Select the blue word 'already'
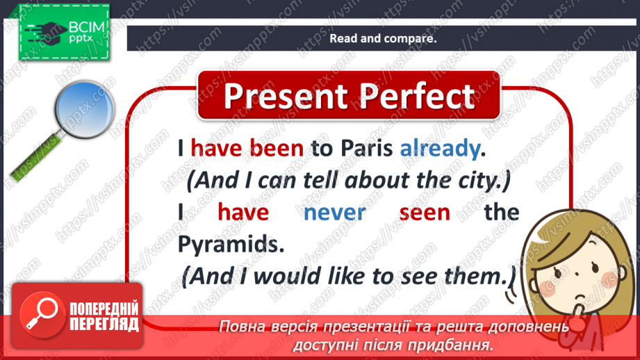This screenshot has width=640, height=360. click(440, 148)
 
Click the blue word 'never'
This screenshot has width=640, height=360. click(334, 212)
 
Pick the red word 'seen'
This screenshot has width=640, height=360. click(425, 212)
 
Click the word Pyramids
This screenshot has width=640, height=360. click(222, 244)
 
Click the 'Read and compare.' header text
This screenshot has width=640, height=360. click(383, 39)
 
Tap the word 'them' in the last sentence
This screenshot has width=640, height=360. click(479, 276)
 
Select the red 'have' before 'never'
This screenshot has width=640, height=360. click(243, 212)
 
